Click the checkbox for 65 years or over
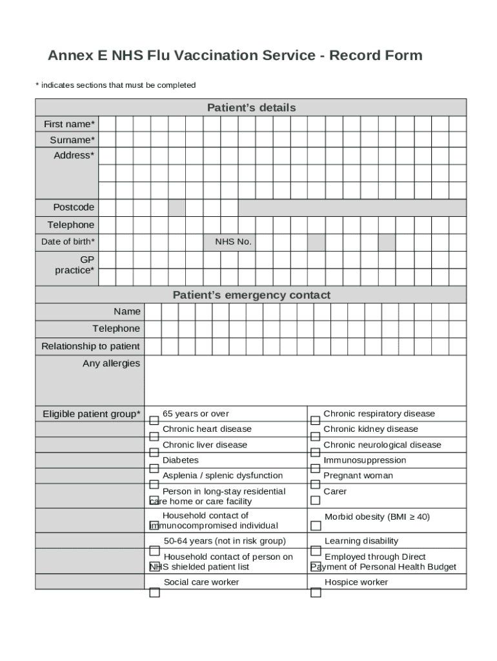pyautogui.click(x=154, y=420)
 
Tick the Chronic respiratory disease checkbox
pyautogui.click(x=315, y=420)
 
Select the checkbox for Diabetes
pyautogui.click(x=154, y=468)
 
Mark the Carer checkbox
pyautogui.click(x=315, y=500)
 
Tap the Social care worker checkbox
pyautogui.click(x=154, y=593)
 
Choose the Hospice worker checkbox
pyautogui.click(x=315, y=593)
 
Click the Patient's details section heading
pyautogui.click(x=251, y=108)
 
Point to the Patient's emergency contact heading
pyautogui.click(x=251, y=295)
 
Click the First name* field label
pyautogui.click(x=69, y=124)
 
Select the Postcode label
pyautogui.click(x=74, y=207)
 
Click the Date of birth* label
pyautogui.click(x=68, y=242)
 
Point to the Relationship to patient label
pyautogui.click(x=90, y=347)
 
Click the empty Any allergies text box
pyautogui.click(x=305, y=380)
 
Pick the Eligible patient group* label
pyautogui.click(x=91, y=414)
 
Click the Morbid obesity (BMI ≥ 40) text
pyautogui.click(x=377, y=517)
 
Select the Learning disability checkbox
pyautogui.click(x=315, y=551)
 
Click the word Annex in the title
pyautogui.click(x=71, y=56)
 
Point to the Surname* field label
pyautogui.click(x=72, y=140)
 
